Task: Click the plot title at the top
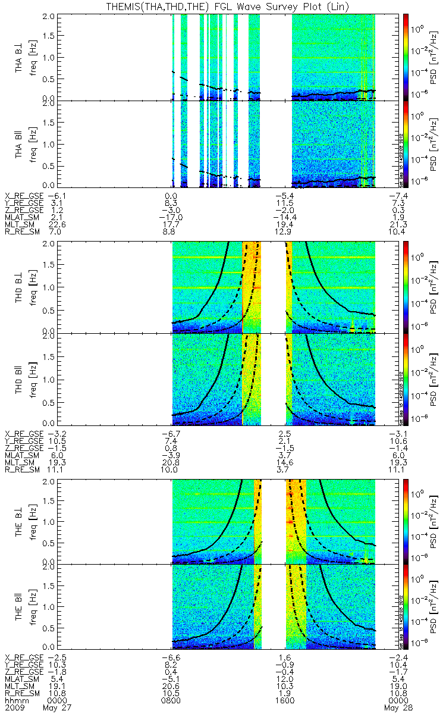[x=223, y=6]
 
